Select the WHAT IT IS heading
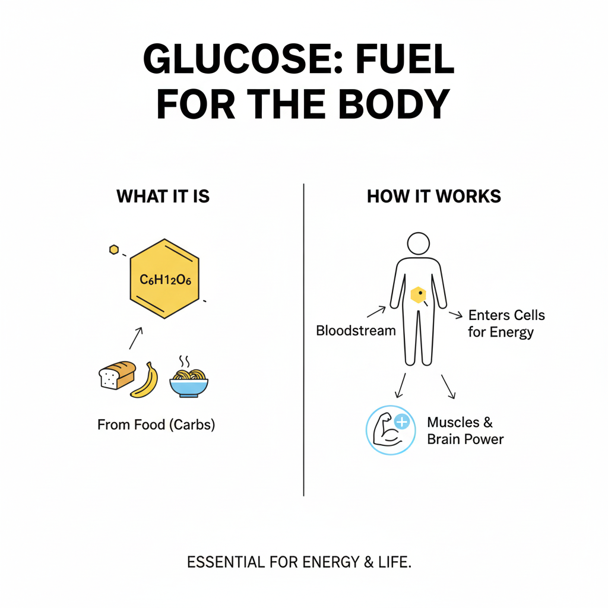pyautogui.click(x=163, y=197)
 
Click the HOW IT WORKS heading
pyautogui.click(x=434, y=197)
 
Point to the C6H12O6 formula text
pyautogui.click(x=164, y=279)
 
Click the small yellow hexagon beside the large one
pyautogui.click(x=114, y=250)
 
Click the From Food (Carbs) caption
pyautogui.click(x=156, y=425)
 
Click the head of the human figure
pyautogui.click(x=418, y=244)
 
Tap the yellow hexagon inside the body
pyautogui.click(x=419, y=294)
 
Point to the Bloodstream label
pyautogui.click(x=356, y=331)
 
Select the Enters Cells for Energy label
pyautogui.click(x=506, y=324)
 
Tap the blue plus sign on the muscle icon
pyautogui.click(x=402, y=422)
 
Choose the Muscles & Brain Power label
pyautogui.click(x=465, y=431)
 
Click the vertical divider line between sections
pyautogui.click(x=303, y=338)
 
